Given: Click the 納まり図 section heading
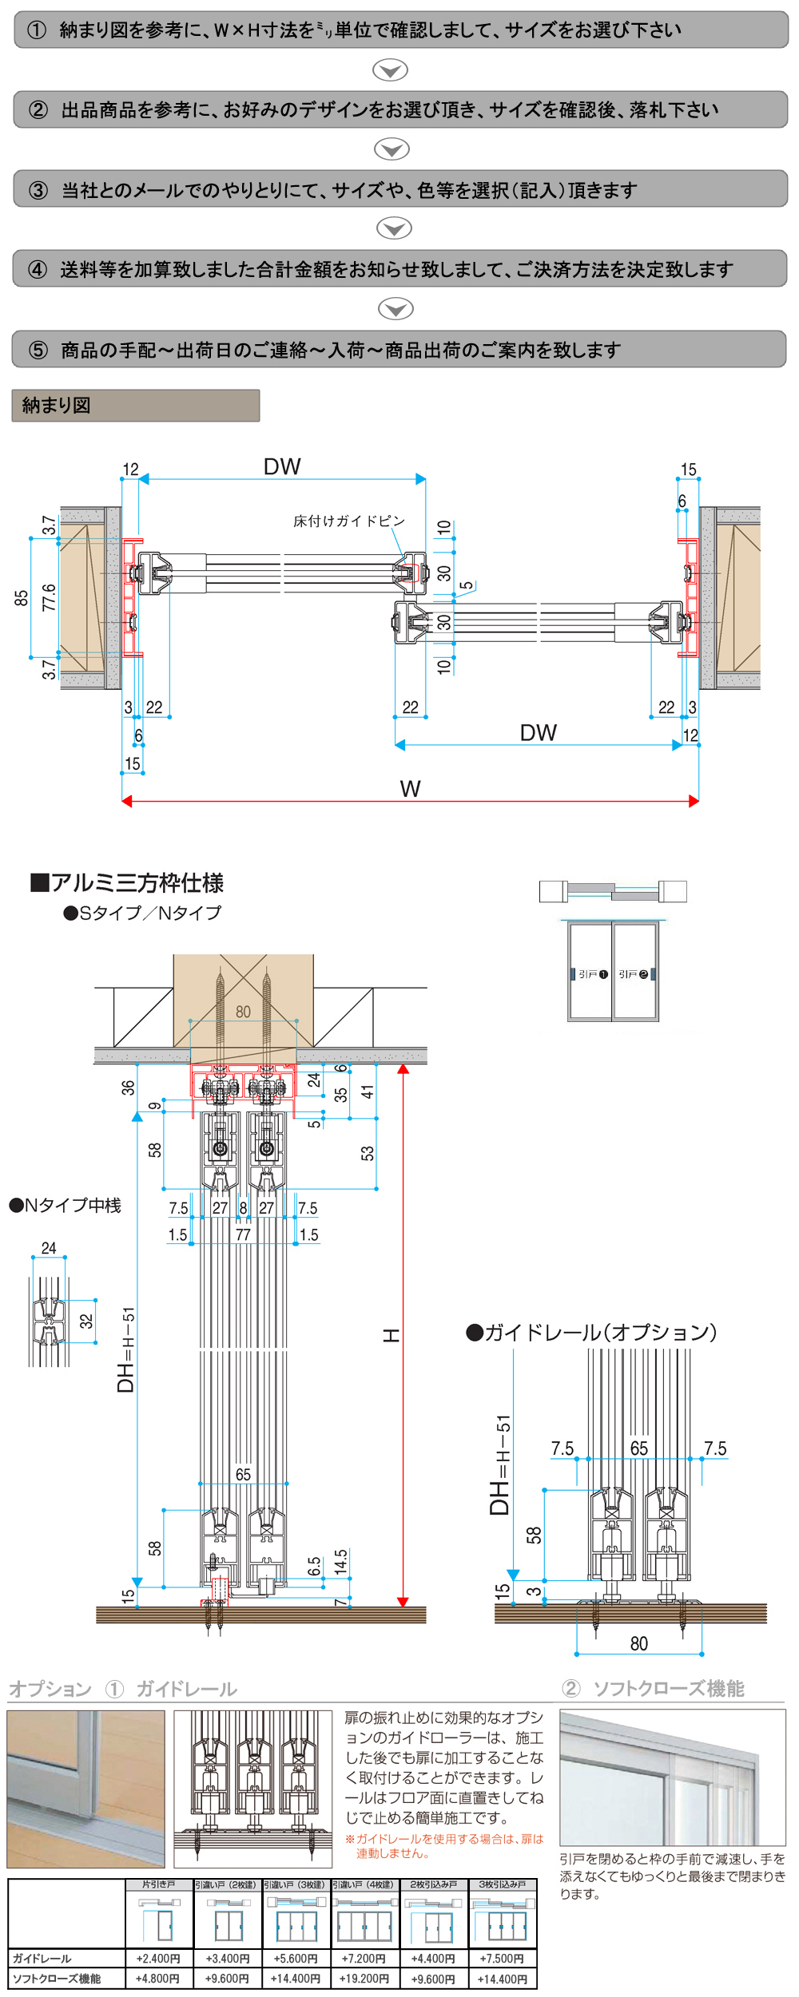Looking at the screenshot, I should (57, 406).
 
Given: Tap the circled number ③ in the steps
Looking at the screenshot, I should (38, 190).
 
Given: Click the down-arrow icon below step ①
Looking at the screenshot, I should (391, 70).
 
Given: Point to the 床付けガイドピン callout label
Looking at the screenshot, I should (349, 521).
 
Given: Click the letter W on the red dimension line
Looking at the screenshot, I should (410, 789).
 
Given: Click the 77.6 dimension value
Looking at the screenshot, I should (50, 597).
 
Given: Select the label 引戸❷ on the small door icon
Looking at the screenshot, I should (633, 974).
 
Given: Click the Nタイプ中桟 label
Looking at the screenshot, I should (66, 1205).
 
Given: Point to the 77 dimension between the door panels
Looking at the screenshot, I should (243, 1234).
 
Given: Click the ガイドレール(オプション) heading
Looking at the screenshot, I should (591, 1332).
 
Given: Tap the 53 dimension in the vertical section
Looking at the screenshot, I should (367, 1153).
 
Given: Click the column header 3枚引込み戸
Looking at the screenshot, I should (502, 1884).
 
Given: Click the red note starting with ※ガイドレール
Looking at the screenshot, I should (444, 1845).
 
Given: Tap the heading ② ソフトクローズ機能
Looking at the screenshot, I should (654, 1688).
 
